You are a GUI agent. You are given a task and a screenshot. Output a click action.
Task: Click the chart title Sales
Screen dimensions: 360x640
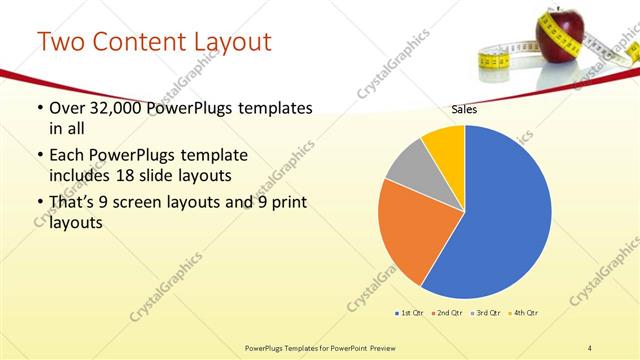[464, 109]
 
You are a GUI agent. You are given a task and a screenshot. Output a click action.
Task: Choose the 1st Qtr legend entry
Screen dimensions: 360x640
[410, 313]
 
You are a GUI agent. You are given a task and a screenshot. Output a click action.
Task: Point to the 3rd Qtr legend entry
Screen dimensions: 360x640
[486, 313]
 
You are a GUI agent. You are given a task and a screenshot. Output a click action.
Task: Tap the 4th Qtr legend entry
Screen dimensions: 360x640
[525, 313]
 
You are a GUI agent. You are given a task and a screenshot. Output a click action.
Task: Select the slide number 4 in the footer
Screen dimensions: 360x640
[590, 347]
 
